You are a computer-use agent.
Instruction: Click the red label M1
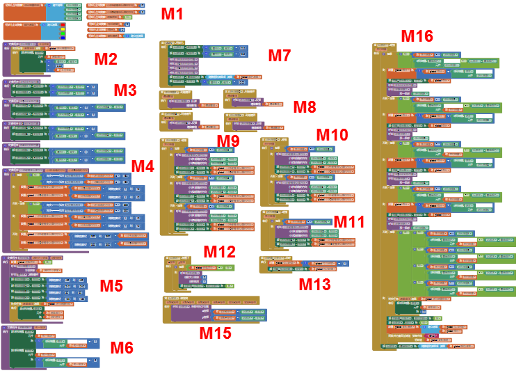(173, 14)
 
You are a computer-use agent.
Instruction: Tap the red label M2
(106, 58)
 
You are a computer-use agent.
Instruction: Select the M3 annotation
(125, 90)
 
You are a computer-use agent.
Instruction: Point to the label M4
(143, 166)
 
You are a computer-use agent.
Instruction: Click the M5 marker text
(111, 285)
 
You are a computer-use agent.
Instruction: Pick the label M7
(280, 56)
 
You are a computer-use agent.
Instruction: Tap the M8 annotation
(304, 107)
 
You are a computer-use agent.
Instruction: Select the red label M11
(349, 221)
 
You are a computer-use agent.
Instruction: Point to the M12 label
(219, 252)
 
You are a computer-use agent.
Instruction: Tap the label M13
(315, 283)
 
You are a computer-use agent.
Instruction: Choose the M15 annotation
(215, 333)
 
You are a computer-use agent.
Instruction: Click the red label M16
(417, 36)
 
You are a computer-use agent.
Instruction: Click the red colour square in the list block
(63, 25)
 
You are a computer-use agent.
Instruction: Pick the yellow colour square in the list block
(63, 29)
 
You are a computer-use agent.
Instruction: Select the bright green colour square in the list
(63, 33)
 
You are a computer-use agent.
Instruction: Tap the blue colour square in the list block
(63, 38)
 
